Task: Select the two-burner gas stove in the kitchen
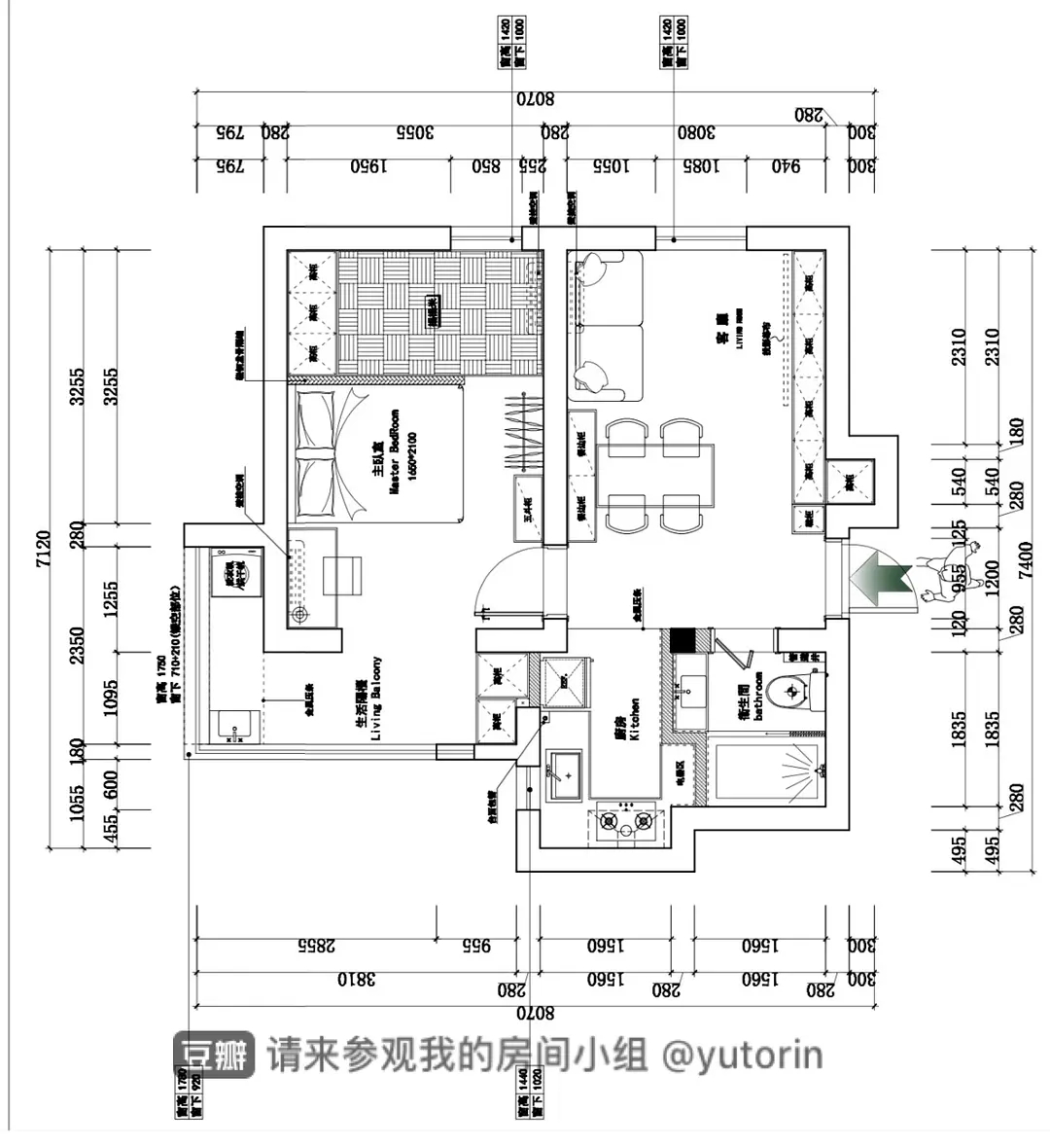point(626,822)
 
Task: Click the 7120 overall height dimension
point(42,550)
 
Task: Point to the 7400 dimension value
point(1025,560)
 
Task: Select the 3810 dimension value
point(356,979)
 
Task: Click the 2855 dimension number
point(316,945)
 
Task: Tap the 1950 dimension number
point(369,166)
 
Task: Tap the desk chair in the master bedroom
point(341,574)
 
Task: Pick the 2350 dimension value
point(77,645)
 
